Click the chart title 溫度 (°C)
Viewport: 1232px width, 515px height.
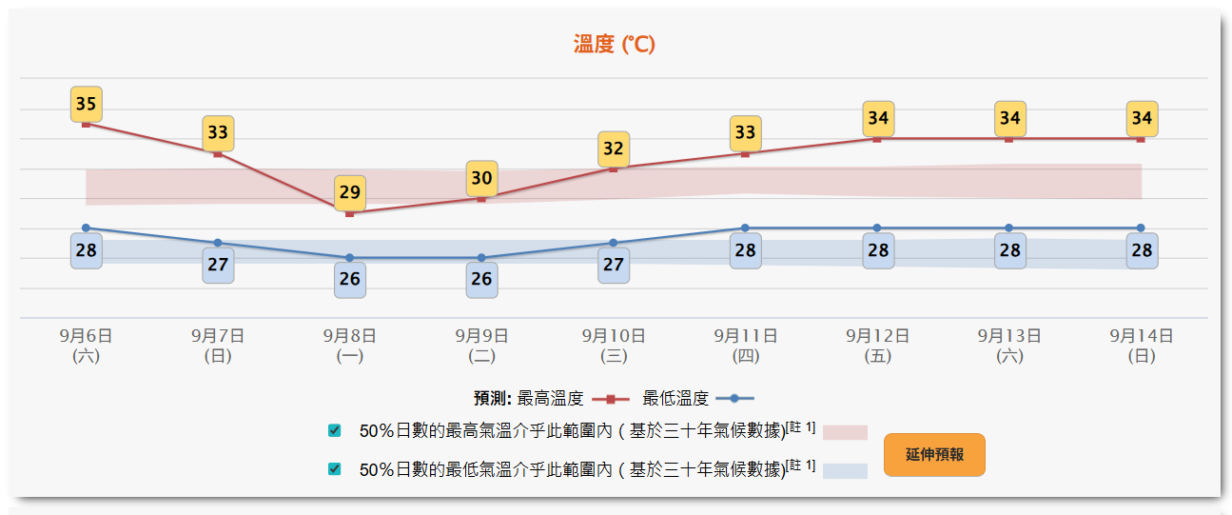click(x=614, y=44)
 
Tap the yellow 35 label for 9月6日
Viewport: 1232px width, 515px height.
click(x=86, y=104)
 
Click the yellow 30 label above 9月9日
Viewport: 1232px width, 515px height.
click(x=481, y=178)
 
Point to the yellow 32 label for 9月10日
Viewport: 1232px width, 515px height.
click(x=614, y=149)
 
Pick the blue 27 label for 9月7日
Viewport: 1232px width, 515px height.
click(x=218, y=264)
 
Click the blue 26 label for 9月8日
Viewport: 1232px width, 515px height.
click(x=350, y=279)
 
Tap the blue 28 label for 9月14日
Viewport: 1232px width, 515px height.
click(x=1142, y=250)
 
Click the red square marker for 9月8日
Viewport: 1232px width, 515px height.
click(x=350, y=213)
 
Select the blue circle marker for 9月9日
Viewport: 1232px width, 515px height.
click(x=481, y=258)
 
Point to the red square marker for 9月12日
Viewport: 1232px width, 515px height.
click(x=877, y=139)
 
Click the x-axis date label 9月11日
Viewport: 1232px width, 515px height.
click(x=746, y=336)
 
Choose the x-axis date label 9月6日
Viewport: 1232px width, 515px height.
click(x=86, y=336)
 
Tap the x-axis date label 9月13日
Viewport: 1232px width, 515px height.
click(x=1009, y=336)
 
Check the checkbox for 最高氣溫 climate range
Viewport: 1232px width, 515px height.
click(x=334, y=430)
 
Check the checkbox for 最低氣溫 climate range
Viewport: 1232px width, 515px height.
click(x=334, y=468)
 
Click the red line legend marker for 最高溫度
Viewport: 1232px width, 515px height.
click(x=611, y=399)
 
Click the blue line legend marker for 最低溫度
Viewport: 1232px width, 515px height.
click(x=734, y=399)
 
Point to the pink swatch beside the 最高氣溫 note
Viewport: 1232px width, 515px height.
click(x=845, y=432)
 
